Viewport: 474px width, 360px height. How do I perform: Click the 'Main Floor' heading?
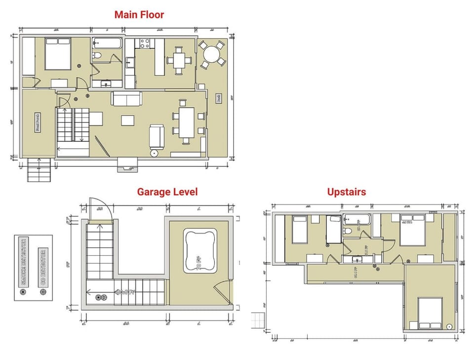[139, 15]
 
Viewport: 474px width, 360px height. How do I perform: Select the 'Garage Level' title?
[167, 192]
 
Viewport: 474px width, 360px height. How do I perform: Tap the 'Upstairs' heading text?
[346, 192]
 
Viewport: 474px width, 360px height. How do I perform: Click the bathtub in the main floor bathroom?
[107, 43]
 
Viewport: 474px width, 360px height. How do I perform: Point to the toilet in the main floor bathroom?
[97, 55]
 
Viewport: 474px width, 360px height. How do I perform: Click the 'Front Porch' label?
[37, 121]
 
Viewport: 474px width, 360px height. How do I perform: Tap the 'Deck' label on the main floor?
[218, 98]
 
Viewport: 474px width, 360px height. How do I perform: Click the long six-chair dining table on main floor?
[187, 123]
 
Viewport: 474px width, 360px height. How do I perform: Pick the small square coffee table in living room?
[127, 120]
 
